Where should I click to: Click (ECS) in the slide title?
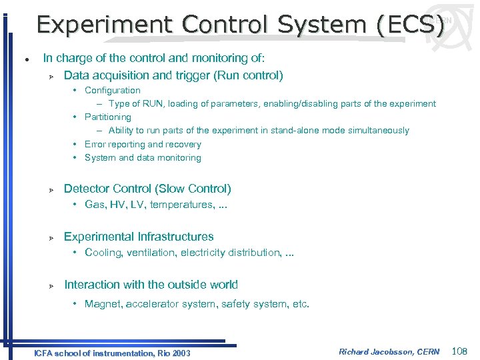click(x=409, y=25)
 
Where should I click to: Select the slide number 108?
click(x=460, y=351)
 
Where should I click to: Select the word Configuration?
click(x=113, y=90)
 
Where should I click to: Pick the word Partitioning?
click(x=108, y=117)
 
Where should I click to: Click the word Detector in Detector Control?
click(x=85, y=189)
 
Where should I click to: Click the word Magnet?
click(x=101, y=304)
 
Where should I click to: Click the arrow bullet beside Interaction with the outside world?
click(x=50, y=286)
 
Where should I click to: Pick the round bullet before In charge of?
click(x=25, y=59)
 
